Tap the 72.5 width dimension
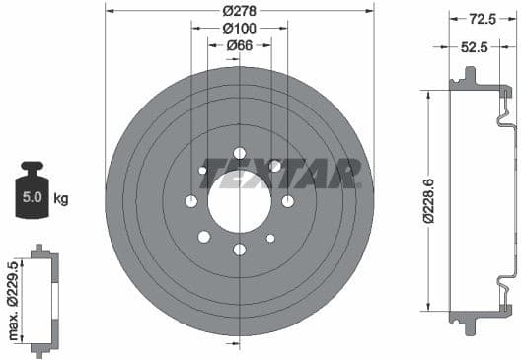tap(481, 18)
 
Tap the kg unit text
tap(60, 199)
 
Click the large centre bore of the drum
tap(239, 201)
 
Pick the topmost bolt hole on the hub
tap(239, 153)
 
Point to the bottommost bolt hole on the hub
tap(239, 250)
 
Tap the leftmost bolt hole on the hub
tap(191, 201)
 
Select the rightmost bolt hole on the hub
tap(287, 201)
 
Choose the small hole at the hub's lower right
tap(271, 237)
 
